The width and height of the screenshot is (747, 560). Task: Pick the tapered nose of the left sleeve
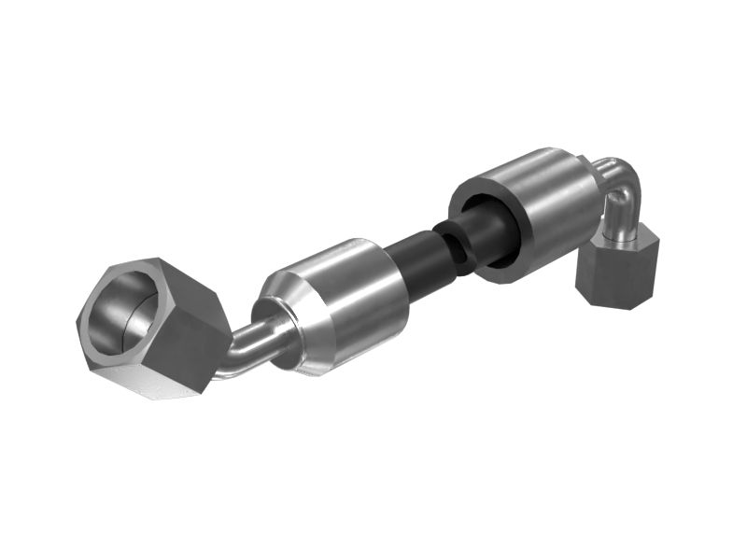click(x=285, y=308)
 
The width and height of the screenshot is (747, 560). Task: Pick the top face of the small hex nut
click(x=621, y=241)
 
